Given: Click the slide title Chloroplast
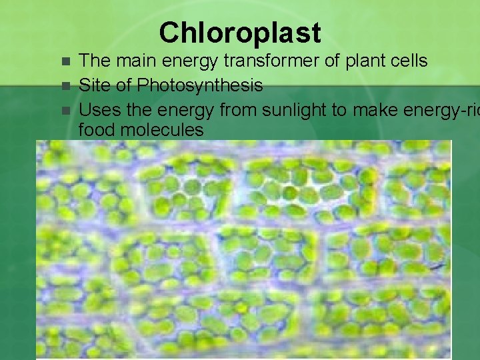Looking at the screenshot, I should coord(240,32).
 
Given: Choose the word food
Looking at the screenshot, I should coord(95,130).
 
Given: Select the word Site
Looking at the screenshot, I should coord(94,86).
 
